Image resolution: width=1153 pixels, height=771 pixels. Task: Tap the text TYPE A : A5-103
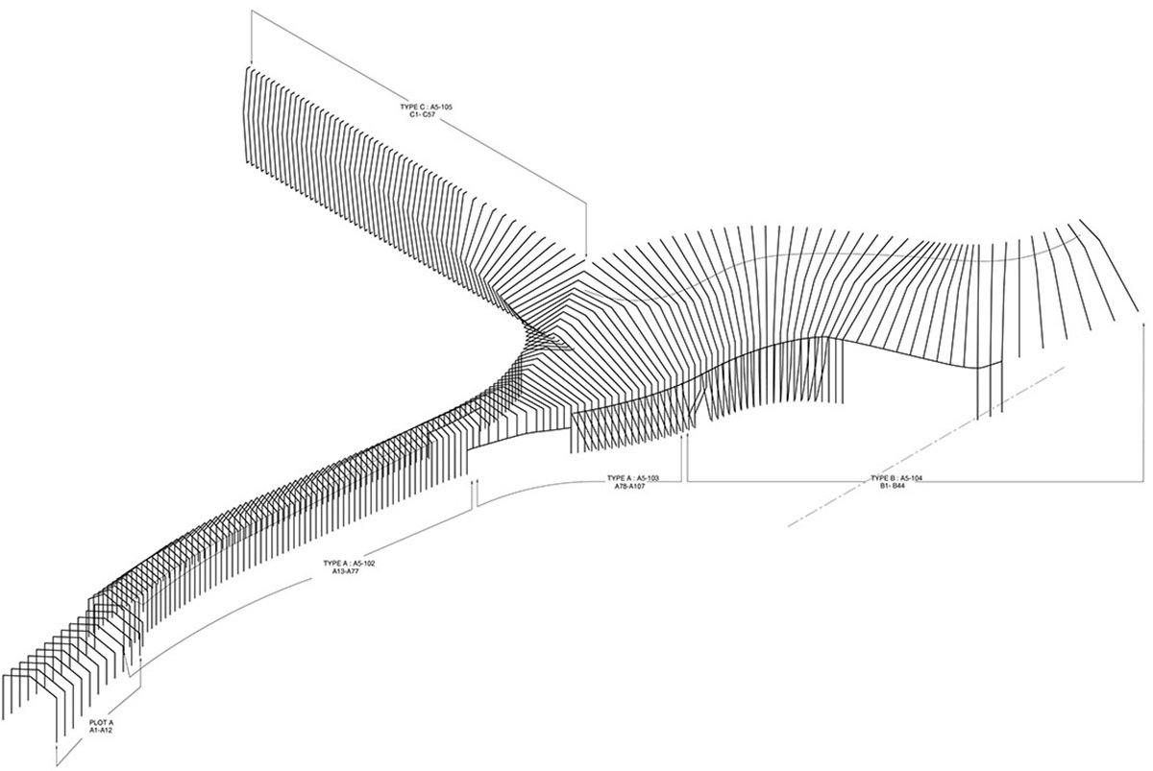click(633, 477)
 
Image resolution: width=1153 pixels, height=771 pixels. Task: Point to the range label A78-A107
click(633, 486)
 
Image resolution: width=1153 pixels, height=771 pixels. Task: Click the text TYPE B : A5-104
click(896, 477)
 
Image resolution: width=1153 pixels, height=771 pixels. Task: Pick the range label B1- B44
click(896, 486)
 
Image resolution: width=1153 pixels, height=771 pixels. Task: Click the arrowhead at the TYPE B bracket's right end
click(1141, 327)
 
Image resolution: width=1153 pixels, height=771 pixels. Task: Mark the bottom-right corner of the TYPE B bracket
click(1141, 480)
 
